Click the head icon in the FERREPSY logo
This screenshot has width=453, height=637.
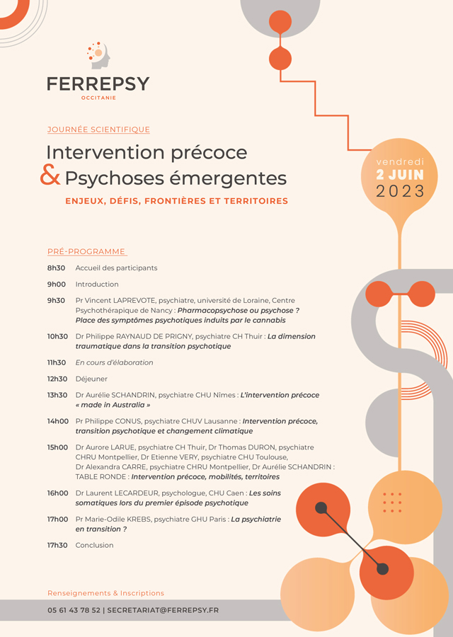coord(98,55)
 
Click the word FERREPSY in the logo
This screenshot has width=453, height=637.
coord(98,84)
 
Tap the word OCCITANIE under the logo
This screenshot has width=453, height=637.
coord(98,98)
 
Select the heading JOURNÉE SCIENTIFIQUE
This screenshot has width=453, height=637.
coord(98,130)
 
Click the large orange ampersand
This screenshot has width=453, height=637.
coord(50,176)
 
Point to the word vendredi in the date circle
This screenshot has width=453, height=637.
coord(400,162)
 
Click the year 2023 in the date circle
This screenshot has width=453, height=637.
coord(400,191)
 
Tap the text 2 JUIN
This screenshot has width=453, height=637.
coord(400,175)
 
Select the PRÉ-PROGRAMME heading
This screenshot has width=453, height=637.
coord(86,251)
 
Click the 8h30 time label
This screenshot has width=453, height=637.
coord(56,268)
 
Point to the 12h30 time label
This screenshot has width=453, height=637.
coord(57,379)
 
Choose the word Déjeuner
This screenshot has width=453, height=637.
coord(91,379)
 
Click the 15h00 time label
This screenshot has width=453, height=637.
coord(57,447)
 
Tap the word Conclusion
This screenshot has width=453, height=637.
coord(94,545)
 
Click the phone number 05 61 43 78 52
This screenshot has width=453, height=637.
coord(74,610)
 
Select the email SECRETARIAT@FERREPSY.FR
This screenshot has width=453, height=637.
coord(163,610)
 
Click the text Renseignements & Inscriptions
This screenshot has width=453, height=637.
coord(105,593)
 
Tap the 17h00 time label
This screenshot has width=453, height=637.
coord(57,519)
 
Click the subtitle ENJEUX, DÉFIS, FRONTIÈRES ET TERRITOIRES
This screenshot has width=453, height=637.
coord(176,201)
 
